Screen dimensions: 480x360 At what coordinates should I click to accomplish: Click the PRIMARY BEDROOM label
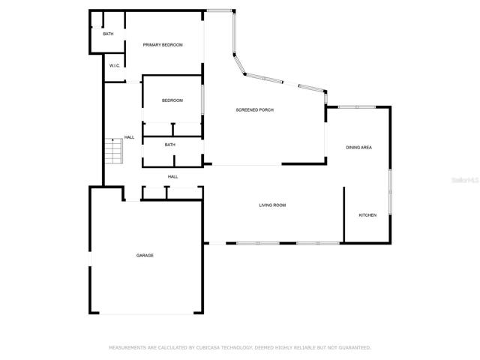pos(163,45)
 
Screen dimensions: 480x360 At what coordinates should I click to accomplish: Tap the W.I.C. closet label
pos(115,66)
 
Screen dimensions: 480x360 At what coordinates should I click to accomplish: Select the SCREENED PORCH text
pos(255,110)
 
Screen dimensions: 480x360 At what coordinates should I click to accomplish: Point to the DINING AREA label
pos(358,148)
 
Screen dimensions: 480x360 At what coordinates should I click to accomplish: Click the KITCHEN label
pos(367,215)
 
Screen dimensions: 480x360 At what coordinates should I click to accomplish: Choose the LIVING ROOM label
pos(272,205)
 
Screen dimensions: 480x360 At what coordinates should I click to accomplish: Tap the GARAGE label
pos(145,255)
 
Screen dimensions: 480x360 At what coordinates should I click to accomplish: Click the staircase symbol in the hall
pos(114,151)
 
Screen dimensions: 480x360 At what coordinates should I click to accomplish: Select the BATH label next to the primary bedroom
pos(108,34)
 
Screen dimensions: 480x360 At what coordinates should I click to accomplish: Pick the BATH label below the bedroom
pos(170,145)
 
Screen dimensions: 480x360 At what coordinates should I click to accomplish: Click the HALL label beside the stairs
pos(129,137)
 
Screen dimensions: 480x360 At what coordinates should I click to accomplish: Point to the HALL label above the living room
pos(172,177)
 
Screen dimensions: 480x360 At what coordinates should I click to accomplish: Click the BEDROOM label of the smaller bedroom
pos(172,100)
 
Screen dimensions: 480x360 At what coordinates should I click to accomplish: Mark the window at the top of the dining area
pos(357,106)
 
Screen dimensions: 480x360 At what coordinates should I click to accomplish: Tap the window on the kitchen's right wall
pos(390,192)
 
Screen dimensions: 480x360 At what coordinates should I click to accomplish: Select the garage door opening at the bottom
pos(146,313)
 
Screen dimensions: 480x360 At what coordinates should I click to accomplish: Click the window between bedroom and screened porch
pos(202,100)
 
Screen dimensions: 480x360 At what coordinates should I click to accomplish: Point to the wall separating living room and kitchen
pos(343,214)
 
